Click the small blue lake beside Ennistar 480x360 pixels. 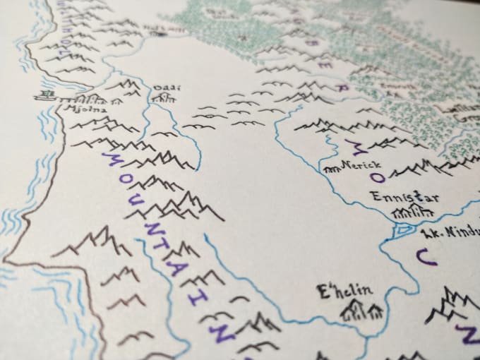coord(404,229)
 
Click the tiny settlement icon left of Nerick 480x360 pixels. coord(330,169)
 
